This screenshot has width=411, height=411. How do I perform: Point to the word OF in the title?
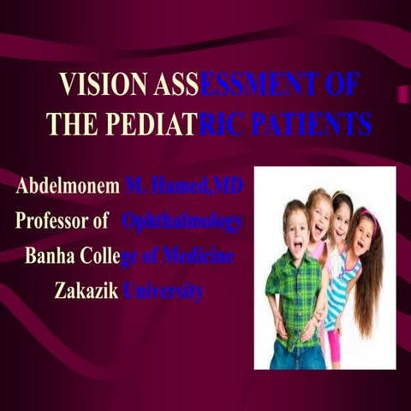tap(342, 85)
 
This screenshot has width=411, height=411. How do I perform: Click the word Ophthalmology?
tap(182, 222)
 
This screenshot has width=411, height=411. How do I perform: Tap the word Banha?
tap(49, 256)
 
